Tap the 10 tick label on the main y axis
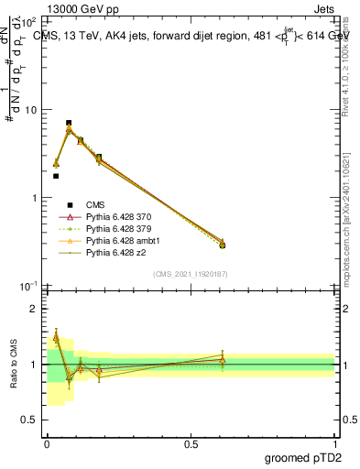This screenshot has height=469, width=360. tap(31, 110)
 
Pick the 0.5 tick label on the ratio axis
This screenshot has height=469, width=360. tap(31, 420)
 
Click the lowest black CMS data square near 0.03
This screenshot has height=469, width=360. tap(56, 176)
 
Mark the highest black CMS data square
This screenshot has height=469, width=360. tap(69, 123)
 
